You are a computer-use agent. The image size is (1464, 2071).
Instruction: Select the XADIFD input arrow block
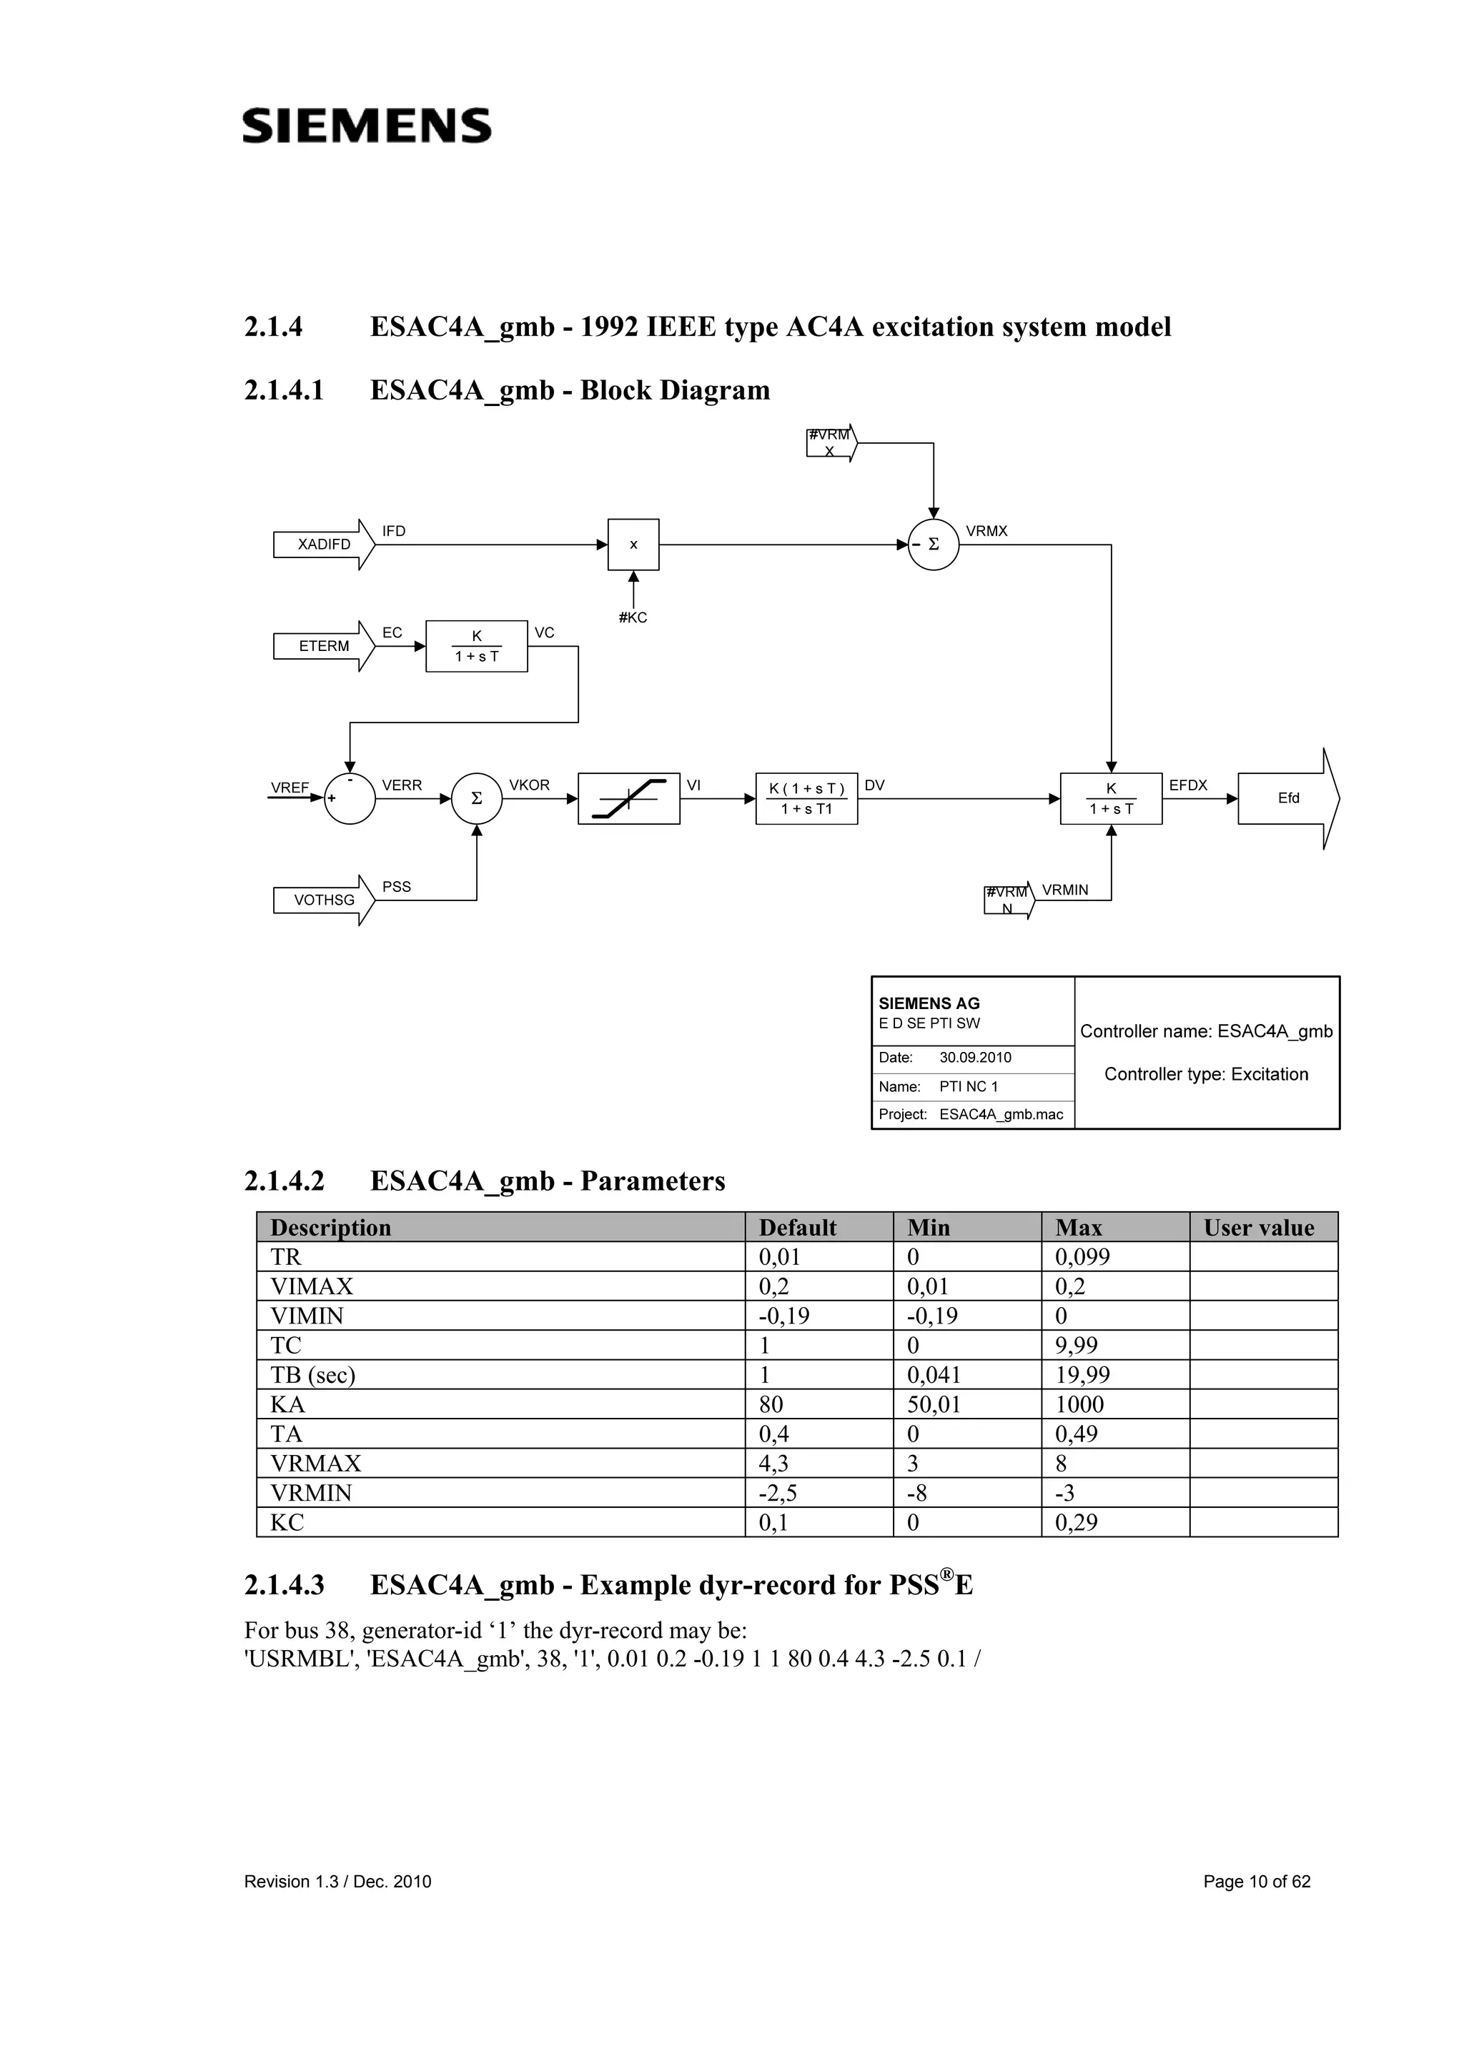pyautogui.click(x=324, y=545)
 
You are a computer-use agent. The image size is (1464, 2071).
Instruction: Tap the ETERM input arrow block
pyautogui.click(x=324, y=646)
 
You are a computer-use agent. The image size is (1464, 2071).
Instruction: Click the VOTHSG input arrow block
pyautogui.click(x=324, y=900)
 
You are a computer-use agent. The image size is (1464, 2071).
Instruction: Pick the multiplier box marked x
pyautogui.click(x=633, y=545)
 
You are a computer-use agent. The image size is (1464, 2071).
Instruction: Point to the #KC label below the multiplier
pyautogui.click(x=633, y=618)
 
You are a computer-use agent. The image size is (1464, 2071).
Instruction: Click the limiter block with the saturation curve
pyautogui.click(x=629, y=798)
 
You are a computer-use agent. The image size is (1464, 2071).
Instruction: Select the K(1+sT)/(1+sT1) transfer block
pyautogui.click(x=806, y=798)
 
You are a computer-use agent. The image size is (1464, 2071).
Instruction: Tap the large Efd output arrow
pyautogui.click(x=1288, y=798)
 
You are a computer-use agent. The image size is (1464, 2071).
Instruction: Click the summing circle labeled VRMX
pyautogui.click(x=933, y=545)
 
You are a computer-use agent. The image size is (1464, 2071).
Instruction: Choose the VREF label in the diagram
pyautogui.click(x=290, y=788)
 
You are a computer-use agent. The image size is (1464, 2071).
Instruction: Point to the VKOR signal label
pyautogui.click(x=530, y=785)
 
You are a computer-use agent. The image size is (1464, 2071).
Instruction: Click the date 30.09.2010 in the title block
pyautogui.click(x=975, y=1057)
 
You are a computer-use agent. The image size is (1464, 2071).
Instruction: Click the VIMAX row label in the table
pyautogui.click(x=312, y=1286)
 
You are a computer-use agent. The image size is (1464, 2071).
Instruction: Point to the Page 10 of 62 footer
pyautogui.click(x=1257, y=1882)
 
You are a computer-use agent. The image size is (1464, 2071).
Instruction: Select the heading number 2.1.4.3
pyautogui.click(x=284, y=1585)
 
